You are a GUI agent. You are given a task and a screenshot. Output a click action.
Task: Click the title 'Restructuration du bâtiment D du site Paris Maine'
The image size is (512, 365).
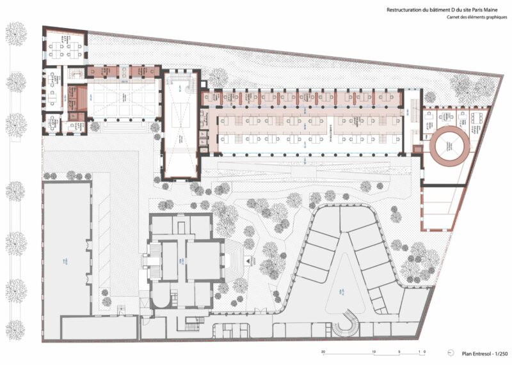(x=440, y=10)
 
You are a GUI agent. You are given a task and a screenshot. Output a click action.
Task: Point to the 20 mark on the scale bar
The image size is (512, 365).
(x=323, y=352)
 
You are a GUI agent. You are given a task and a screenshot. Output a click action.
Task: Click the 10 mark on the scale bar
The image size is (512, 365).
(x=373, y=352)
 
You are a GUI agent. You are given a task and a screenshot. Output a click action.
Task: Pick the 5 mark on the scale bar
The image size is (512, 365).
(x=398, y=352)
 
